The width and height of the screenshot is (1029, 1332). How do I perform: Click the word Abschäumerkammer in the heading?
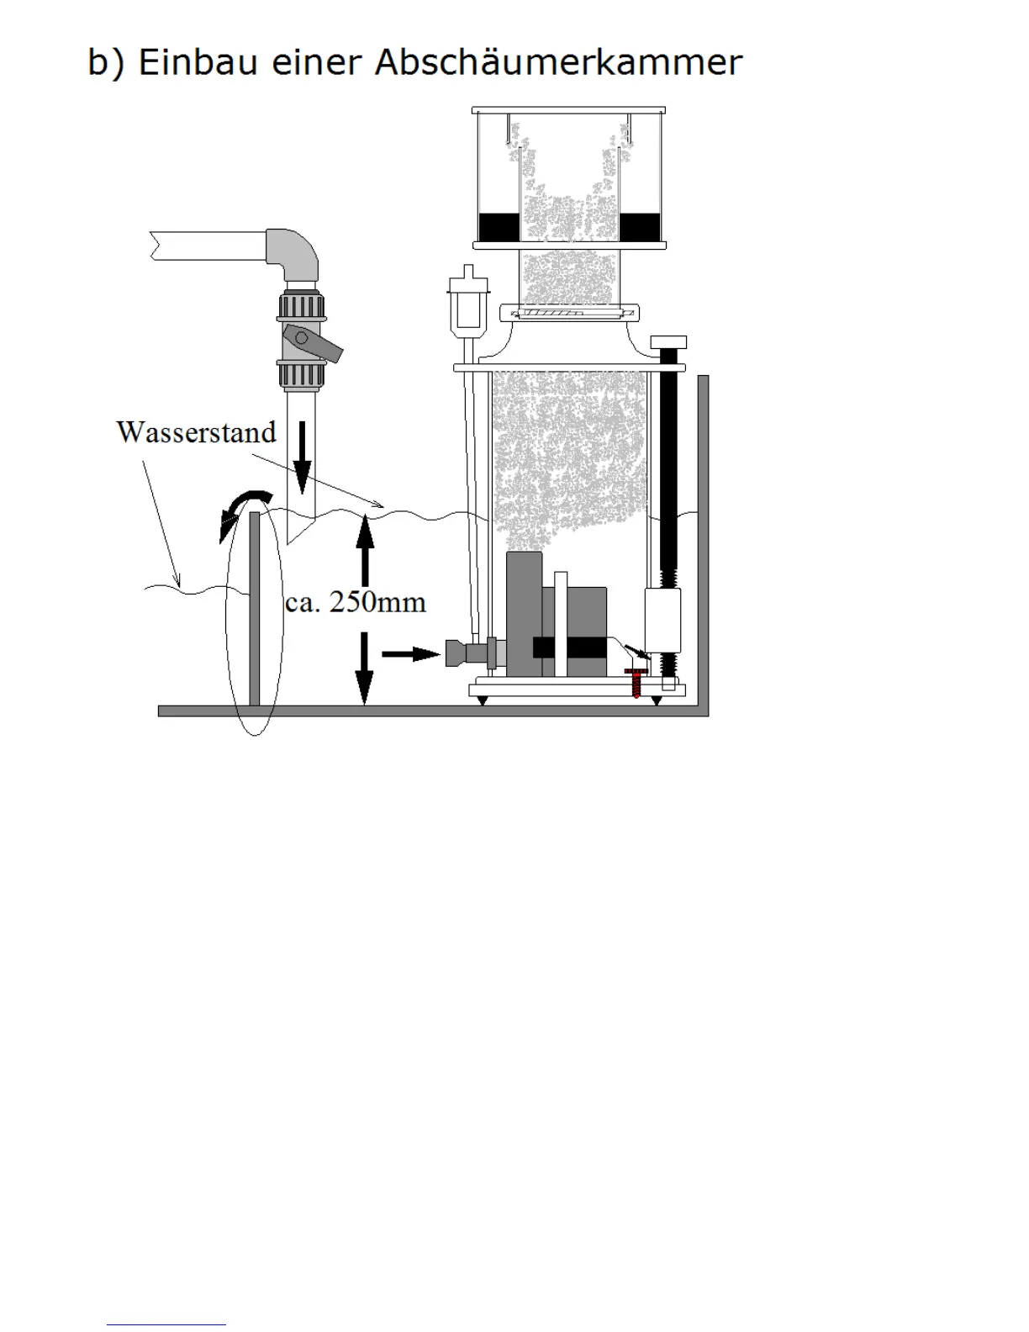(x=557, y=63)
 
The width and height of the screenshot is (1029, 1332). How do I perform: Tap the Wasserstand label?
(x=196, y=432)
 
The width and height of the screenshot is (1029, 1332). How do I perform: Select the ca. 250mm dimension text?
(x=356, y=602)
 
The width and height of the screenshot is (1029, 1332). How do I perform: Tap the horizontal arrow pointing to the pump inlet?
(x=411, y=653)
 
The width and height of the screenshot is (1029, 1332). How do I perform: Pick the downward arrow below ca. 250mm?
(x=364, y=668)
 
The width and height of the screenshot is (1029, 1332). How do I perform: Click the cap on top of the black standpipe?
(x=668, y=342)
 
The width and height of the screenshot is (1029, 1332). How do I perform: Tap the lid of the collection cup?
(x=569, y=110)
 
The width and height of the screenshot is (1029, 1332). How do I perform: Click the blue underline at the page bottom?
(x=166, y=1325)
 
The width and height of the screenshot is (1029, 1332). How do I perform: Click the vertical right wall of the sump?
(x=703, y=538)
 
